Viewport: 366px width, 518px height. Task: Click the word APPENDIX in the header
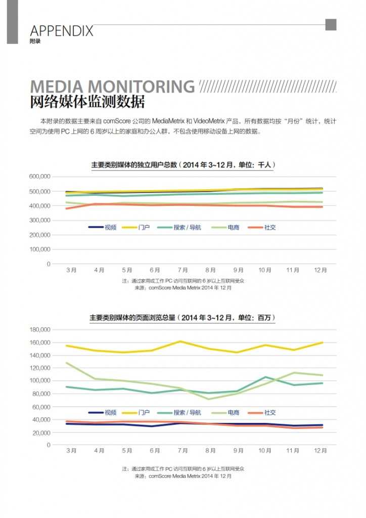(62, 31)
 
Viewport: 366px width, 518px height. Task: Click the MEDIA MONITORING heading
(112, 87)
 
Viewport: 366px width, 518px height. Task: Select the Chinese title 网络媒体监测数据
(87, 102)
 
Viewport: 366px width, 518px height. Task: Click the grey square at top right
(331, 25)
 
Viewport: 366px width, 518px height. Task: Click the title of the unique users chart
(182, 165)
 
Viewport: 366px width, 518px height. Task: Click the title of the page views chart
(182, 318)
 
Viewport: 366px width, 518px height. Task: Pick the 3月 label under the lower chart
(71, 450)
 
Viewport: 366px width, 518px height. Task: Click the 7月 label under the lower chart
(182, 450)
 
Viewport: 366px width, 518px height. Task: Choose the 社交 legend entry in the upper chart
(270, 228)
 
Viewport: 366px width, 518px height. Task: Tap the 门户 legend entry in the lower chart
(144, 413)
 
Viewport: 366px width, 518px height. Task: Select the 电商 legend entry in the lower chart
(233, 413)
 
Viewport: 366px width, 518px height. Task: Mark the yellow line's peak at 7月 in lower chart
(180, 341)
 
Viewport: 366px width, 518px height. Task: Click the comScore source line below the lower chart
(182, 476)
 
